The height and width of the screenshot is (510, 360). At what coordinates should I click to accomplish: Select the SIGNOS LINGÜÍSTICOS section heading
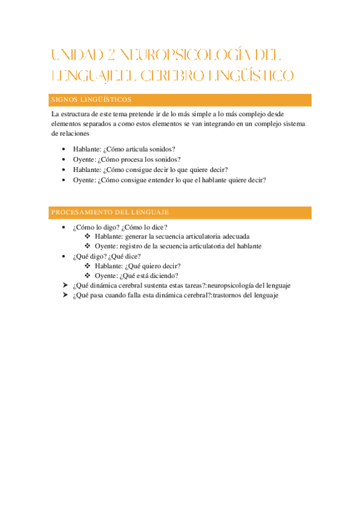coord(92,100)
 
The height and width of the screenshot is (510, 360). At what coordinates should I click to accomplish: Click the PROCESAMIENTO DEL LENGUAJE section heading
coord(110,212)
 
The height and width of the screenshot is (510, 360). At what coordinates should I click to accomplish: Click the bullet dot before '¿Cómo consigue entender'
coord(64,180)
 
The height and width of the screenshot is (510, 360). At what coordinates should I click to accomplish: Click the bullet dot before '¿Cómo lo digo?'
coord(64,227)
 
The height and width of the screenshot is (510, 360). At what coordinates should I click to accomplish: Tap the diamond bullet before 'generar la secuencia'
coord(88,236)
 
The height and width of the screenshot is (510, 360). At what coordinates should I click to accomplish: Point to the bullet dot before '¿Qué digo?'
coord(64,256)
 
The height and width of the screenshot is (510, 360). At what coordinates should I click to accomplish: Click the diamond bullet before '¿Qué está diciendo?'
coord(88,275)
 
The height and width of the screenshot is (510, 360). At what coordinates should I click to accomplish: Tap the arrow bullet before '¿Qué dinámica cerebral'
coord(65,286)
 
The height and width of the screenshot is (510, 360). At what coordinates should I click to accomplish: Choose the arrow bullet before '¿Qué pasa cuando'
coord(65,295)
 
